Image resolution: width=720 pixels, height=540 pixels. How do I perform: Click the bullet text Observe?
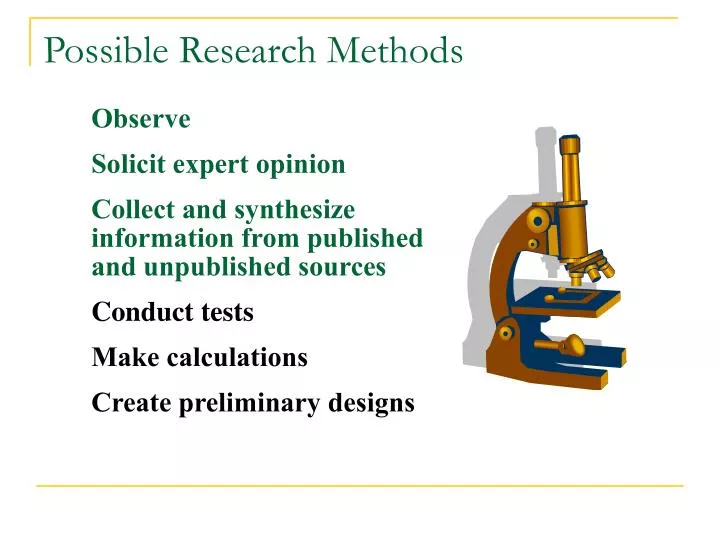pos(141,119)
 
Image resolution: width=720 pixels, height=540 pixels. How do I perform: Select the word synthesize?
pos(294,211)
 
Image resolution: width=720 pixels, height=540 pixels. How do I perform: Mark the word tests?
pos(222,313)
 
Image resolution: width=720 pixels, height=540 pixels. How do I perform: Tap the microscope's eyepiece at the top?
pos(571,150)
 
